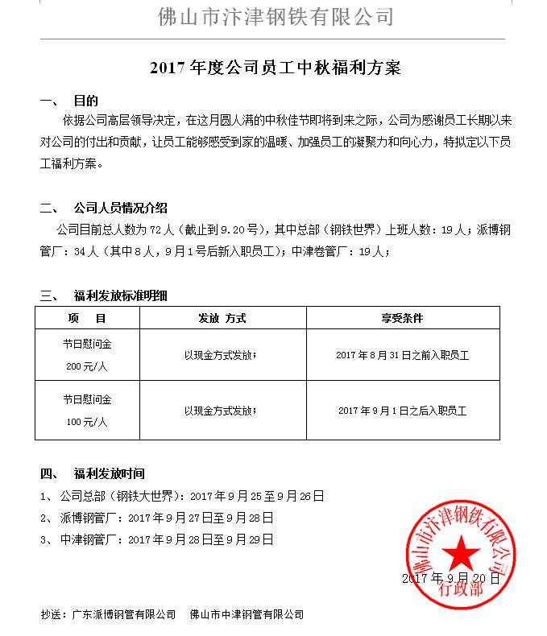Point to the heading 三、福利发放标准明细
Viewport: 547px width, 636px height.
(x=104, y=295)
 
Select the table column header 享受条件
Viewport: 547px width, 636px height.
(x=402, y=318)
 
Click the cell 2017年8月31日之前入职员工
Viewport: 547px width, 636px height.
(x=402, y=355)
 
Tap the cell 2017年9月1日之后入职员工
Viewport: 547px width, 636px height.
(x=402, y=411)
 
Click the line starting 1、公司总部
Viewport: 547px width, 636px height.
(x=182, y=496)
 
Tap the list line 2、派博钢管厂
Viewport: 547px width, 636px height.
(x=157, y=518)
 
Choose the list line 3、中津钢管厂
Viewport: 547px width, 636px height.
(x=157, y=539)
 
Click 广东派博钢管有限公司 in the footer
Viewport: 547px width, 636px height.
(x=123, y=614)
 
